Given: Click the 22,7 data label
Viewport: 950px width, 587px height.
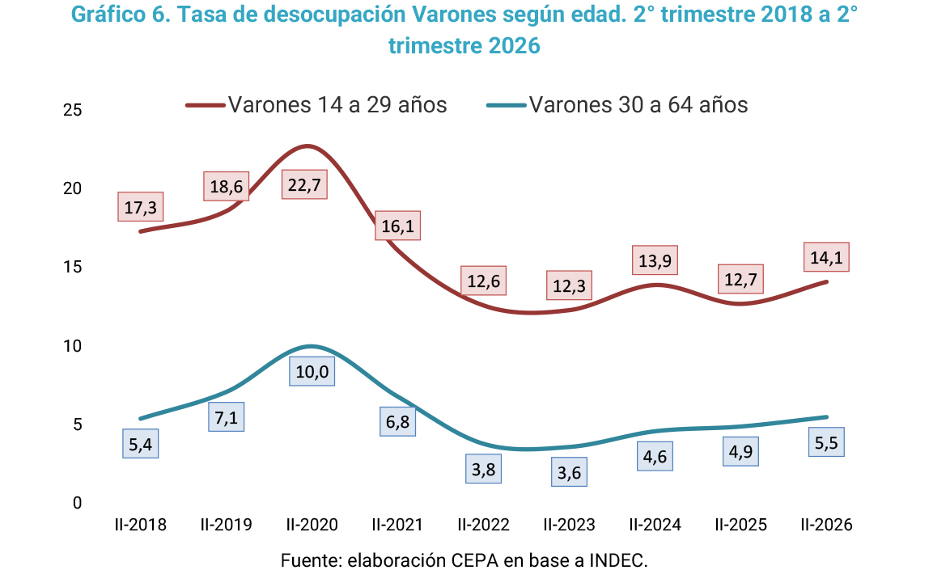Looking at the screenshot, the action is [304, 184].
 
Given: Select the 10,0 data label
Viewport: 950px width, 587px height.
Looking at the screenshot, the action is [312, 371].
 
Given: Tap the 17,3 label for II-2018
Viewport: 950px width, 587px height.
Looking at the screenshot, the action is [140, 207].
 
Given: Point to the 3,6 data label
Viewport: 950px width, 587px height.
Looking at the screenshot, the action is [569, 472].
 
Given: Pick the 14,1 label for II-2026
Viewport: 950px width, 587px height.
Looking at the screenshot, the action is [826, 257].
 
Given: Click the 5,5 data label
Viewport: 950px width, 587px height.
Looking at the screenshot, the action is [826, 442].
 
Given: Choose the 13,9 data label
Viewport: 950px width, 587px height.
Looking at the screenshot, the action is [655, 260].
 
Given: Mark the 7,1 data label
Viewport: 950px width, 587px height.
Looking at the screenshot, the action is [226, 417].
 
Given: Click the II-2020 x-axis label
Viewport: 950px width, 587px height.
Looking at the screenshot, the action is [312, 525].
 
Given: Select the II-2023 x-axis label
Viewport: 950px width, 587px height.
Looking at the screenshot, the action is [569, 525].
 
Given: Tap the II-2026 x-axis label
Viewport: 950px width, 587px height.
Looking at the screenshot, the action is [826, 525].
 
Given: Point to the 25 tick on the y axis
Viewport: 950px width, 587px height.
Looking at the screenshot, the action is [72, 109].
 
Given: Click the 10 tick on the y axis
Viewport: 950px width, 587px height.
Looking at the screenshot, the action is [72, 345].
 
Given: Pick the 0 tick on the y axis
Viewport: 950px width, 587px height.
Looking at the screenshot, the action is [77, 503].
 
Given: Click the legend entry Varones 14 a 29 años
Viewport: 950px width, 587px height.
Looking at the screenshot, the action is [317, 104].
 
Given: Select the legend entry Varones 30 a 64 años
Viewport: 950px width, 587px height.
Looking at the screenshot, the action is [617, 104].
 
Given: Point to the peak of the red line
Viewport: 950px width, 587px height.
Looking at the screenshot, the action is [307, 146].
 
